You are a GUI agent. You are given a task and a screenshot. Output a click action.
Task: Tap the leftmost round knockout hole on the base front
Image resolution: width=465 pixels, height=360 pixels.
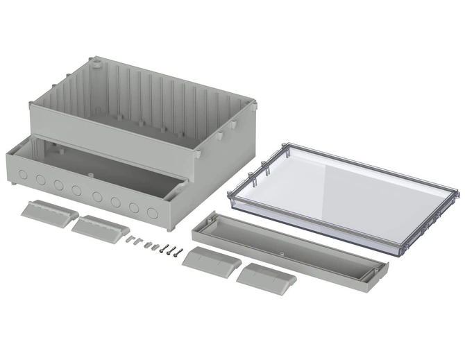[23, 174]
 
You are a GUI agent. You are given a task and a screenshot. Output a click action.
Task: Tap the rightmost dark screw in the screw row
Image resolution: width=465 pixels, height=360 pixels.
[179, 252]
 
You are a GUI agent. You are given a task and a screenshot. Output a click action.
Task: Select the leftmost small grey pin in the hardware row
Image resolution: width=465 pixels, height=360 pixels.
[130, 240]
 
